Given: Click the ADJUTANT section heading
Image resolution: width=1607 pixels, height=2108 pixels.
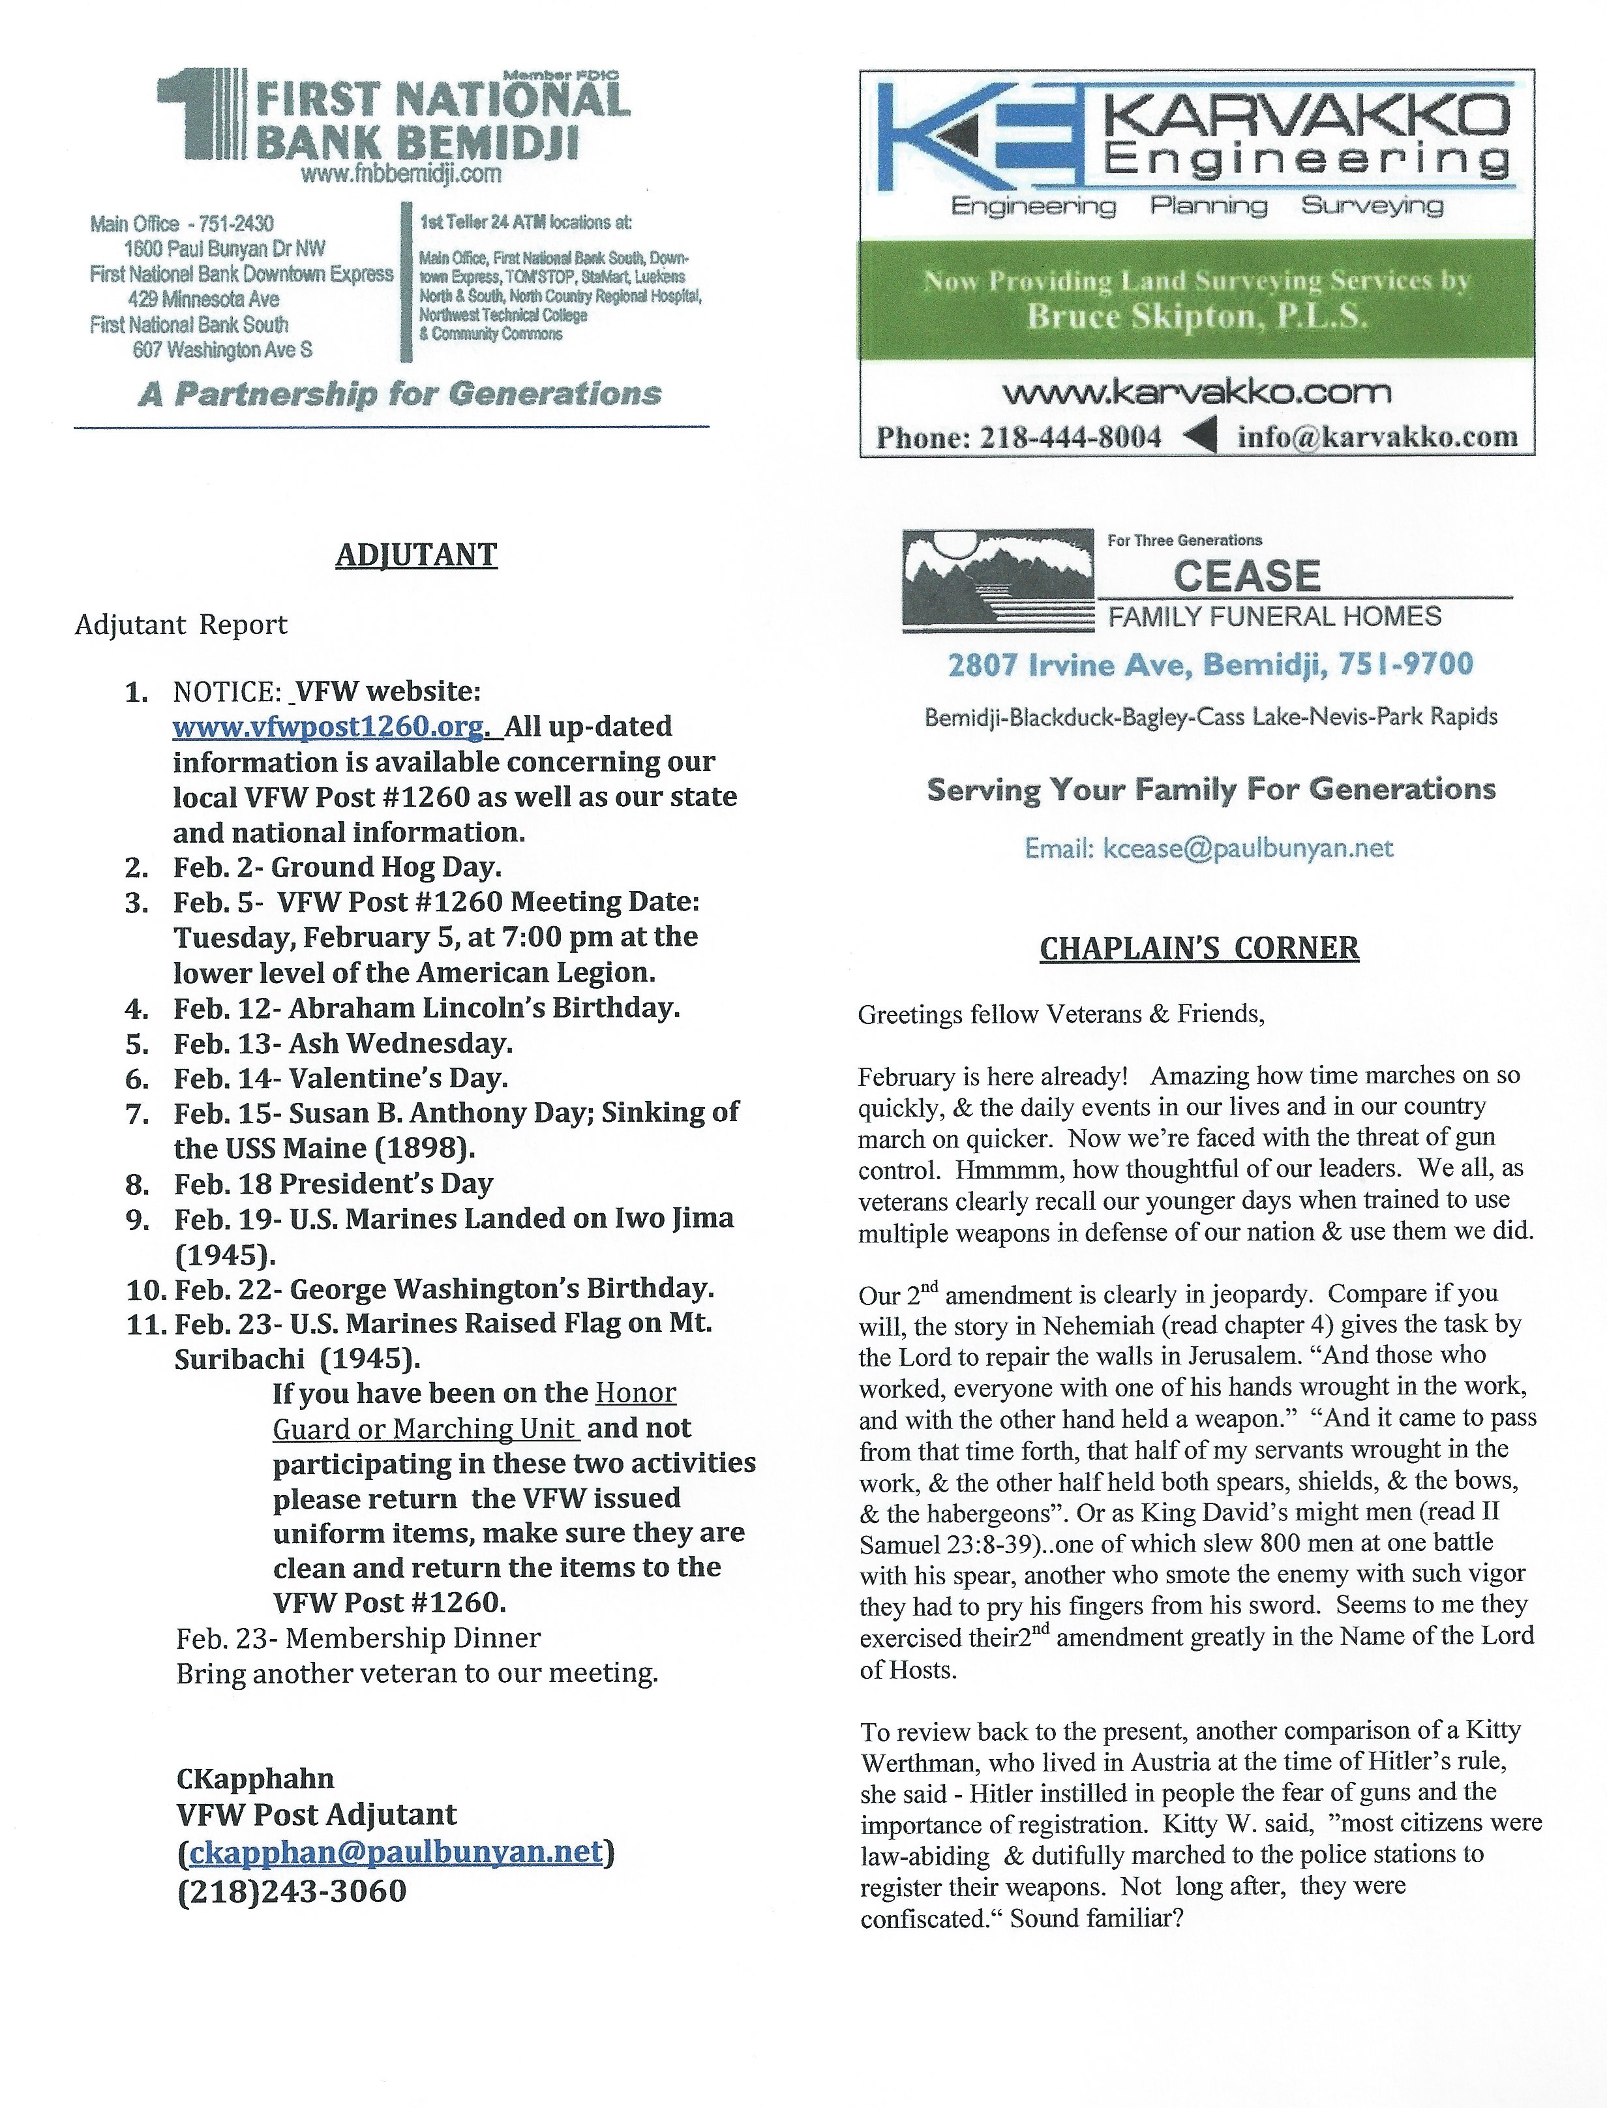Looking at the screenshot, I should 416,556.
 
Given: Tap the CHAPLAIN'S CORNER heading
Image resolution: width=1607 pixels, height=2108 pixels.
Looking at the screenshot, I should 1199,948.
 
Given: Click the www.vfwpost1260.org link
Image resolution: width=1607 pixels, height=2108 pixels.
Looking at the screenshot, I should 327,727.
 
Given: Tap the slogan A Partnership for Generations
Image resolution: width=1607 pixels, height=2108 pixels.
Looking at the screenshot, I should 400,394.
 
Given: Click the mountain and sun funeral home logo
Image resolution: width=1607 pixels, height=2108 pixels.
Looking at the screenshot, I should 998,580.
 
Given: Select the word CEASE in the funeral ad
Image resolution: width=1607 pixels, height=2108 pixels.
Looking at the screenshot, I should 1246,577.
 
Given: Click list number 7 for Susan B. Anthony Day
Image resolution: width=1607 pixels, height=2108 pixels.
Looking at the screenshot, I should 137,1113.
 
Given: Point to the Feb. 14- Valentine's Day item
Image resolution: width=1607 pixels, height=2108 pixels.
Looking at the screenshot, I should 340,1079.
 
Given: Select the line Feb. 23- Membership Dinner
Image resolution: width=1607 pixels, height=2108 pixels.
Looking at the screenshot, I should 359,1638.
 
